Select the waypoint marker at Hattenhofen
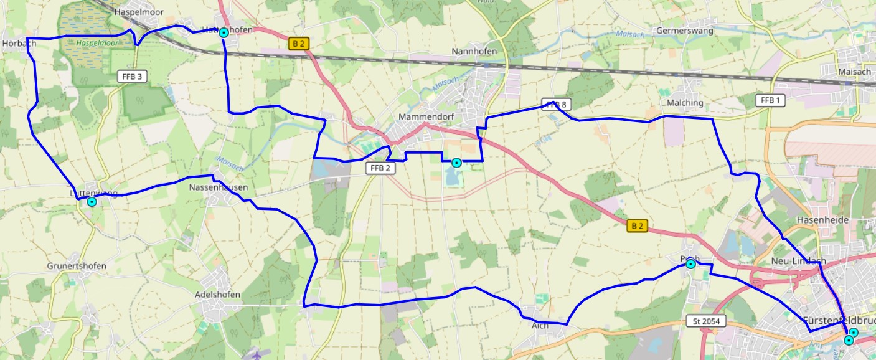pyautogui.click(x=224, y=32)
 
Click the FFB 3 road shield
pyautogui.click(x=131, y=77)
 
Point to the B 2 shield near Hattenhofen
pyautogui.click(x=299, y=44)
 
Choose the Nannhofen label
pyautogui.click(x=474, y=51)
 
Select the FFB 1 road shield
pyautogui.click(x=770, y=100)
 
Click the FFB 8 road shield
pyautogui.click(x=556, y=104)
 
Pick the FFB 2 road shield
pyautogui.click(x=379, y=168)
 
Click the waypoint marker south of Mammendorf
pyautogui.click(x=456, y=163)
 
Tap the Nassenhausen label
pyautogui.click(x=218, y=187)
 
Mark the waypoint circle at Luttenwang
pyautogui.click(x=92, y=202)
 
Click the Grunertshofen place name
pyautogui.click(x=77, y=266)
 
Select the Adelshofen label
pyautogui.click(x=217, y=295)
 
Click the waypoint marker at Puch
pyautogui.click(x=690, y=264)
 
